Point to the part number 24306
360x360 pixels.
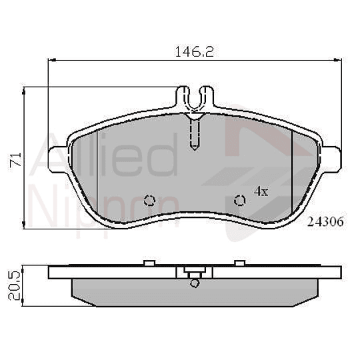(326, 223)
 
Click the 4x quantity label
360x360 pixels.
(261, 192)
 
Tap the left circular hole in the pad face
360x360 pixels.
(149, 199)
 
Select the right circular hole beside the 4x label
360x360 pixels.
(240, 199)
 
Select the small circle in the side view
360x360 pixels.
(195, 283)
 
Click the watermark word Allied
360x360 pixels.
(107, 155)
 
